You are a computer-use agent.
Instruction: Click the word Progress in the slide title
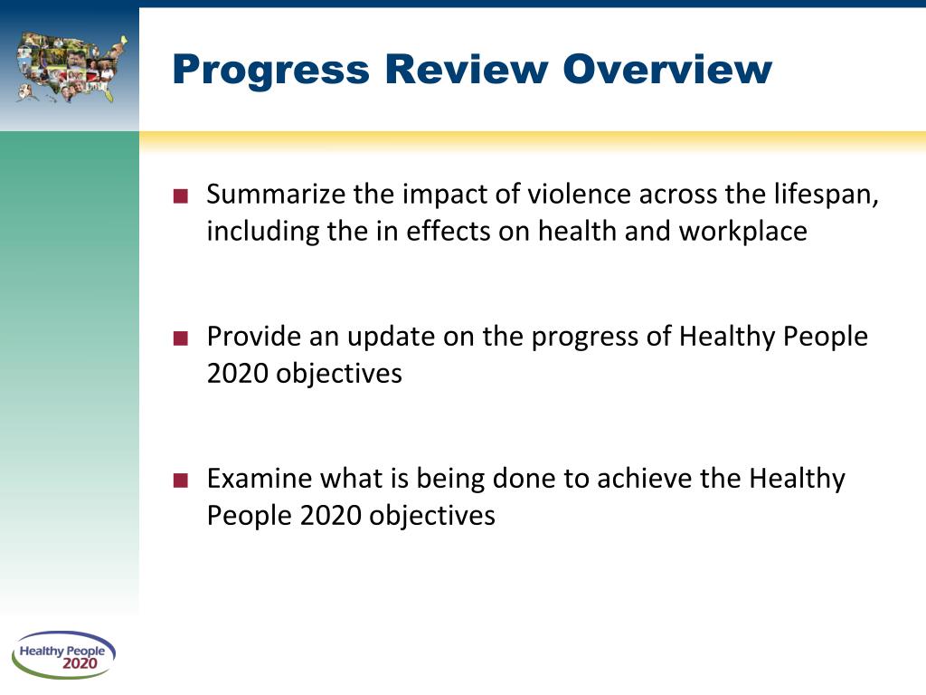[x=269, y=70]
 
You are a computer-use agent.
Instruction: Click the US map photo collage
[x=71, y=66]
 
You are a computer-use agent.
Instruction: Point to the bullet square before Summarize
[x=181, y=196]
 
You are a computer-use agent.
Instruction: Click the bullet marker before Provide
[x=181, y=338]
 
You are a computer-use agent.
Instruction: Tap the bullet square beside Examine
[x=181, y=481]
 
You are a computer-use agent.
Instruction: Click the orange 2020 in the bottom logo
[x=80, y=665]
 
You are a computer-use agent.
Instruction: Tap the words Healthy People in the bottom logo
[x=62, y=651]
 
